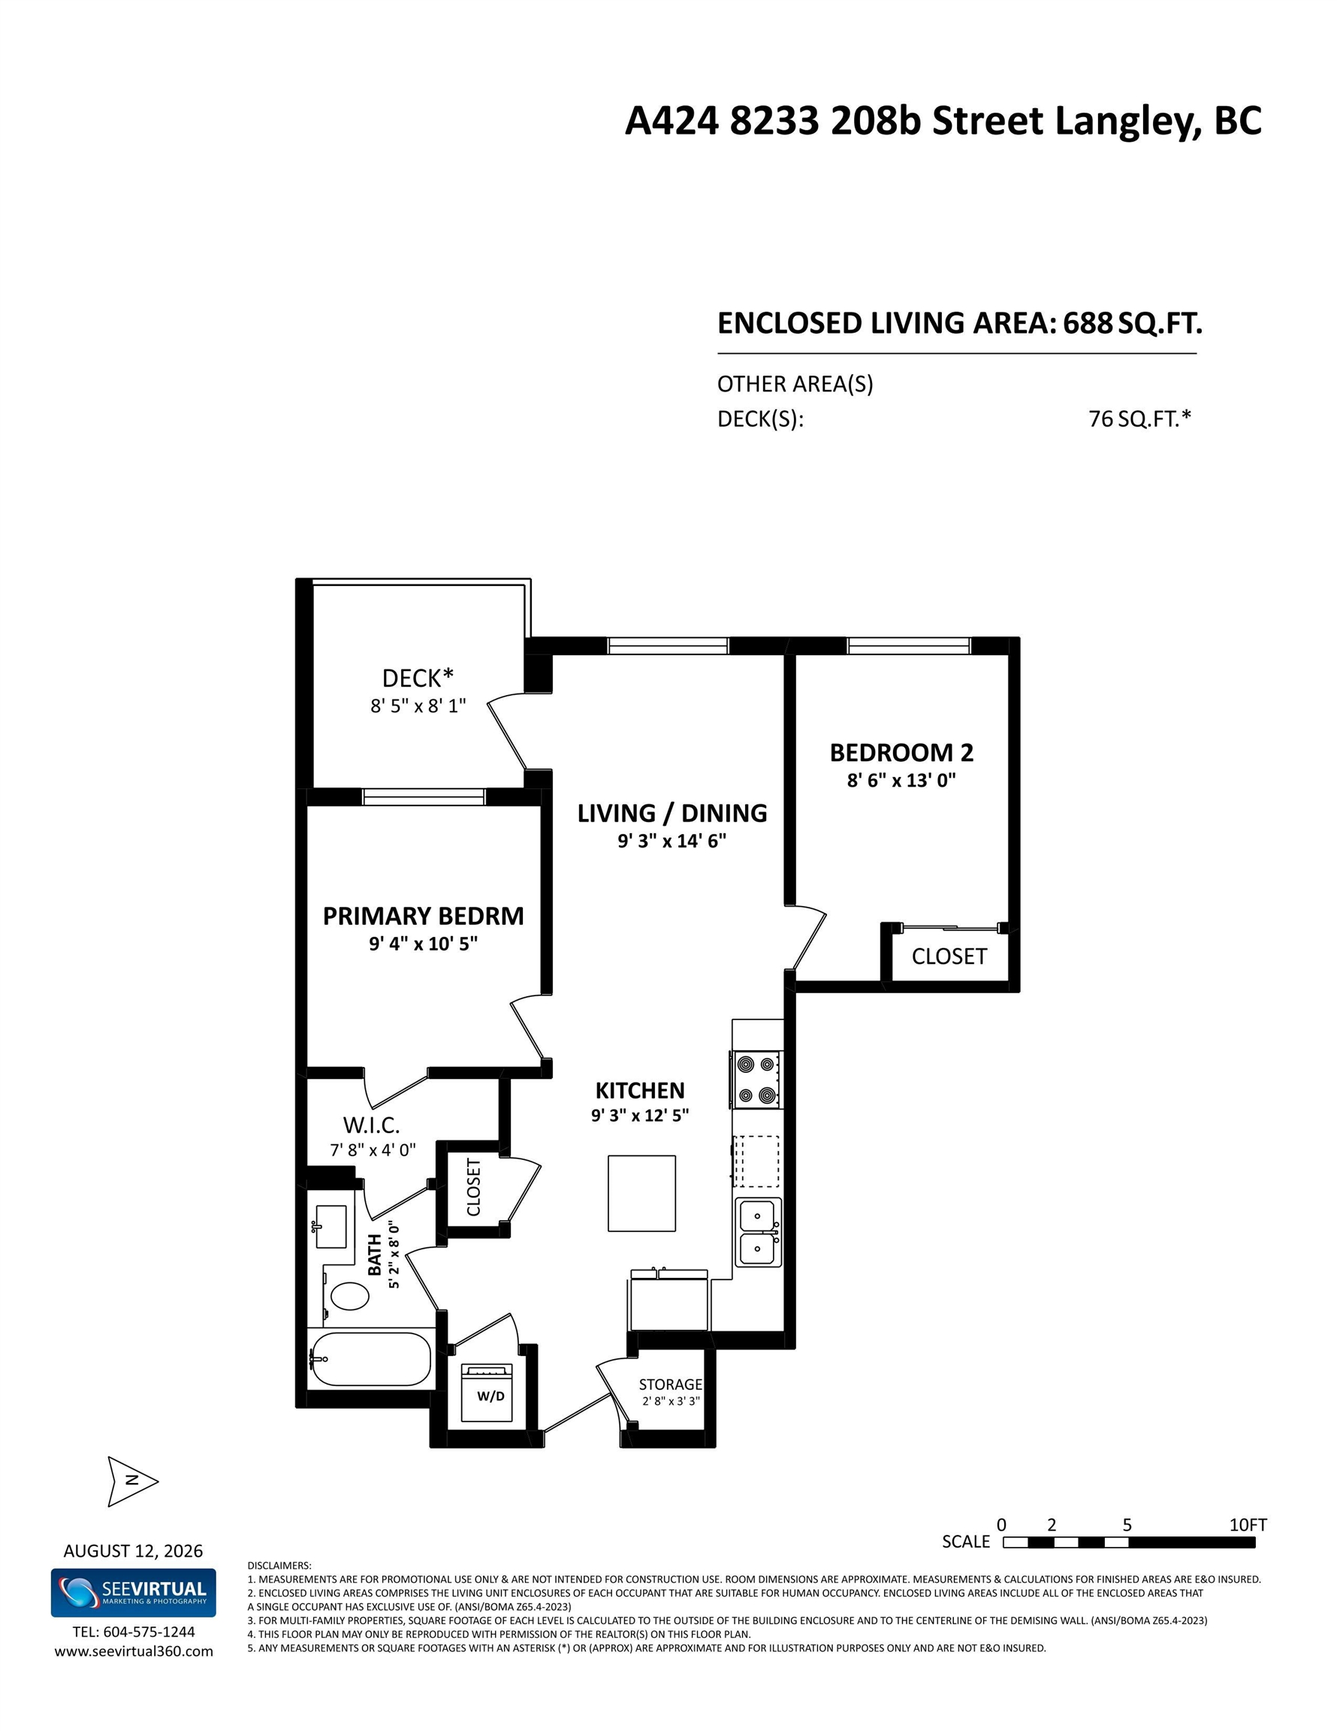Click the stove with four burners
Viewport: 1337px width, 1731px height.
756,1080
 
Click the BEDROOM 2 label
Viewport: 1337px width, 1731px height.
901,752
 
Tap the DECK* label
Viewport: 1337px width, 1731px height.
418,678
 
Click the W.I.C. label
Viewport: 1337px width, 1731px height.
371,1125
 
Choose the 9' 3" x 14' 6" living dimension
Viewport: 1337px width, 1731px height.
672,841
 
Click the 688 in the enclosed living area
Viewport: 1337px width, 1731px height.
1088,322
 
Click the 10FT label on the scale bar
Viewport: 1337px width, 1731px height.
1248,1524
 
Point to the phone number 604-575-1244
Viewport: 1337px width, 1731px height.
149,1632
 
